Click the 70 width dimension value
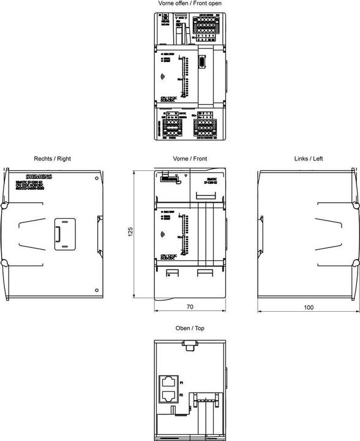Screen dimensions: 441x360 coord(190,305)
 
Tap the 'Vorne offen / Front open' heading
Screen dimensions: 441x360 coord(190,4)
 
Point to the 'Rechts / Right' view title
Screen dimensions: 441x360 coord(53,159)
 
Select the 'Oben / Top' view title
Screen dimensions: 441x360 coord(190,328)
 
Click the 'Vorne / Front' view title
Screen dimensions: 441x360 coord(190,159)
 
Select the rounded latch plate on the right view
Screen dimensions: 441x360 coord(62,235)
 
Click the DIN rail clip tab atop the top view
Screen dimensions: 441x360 coord(190,347)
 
